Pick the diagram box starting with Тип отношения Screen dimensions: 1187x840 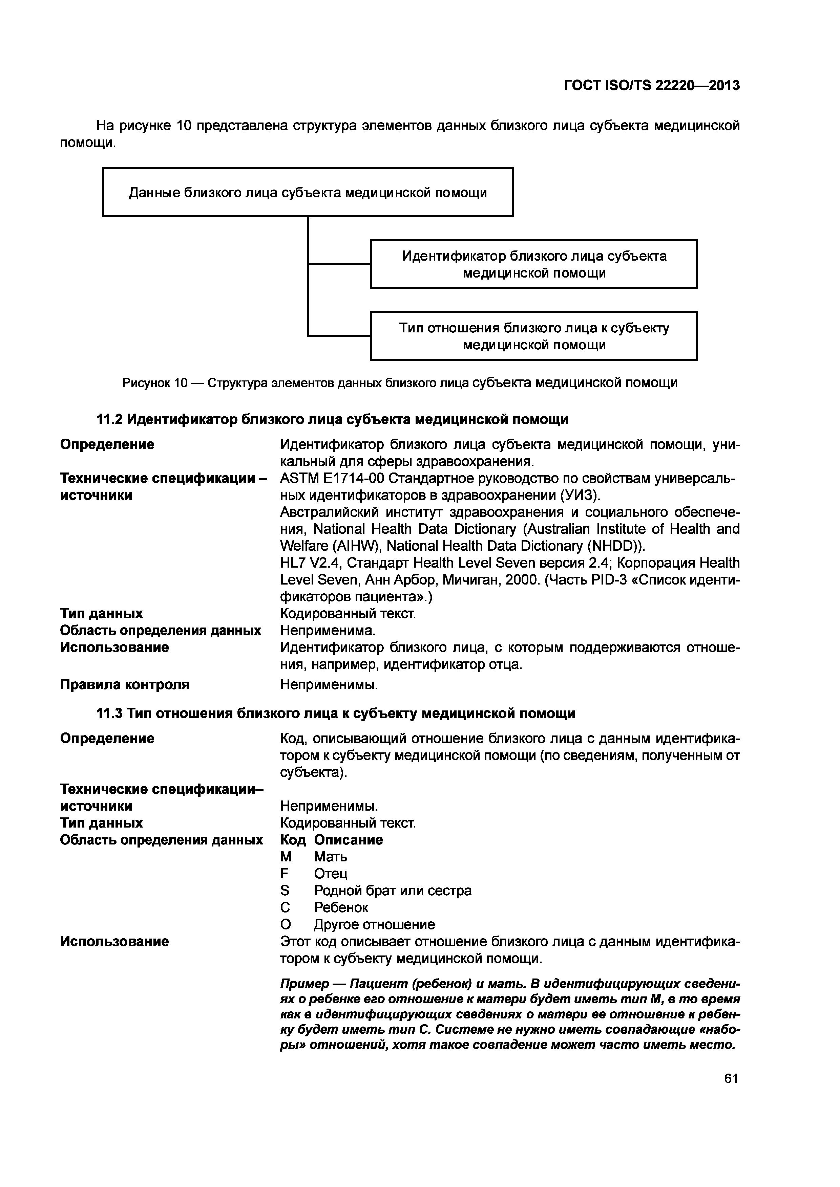[x=534, y=336]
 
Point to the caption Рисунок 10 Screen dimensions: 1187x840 [x=399, y=383]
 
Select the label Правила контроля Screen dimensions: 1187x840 [x=125, y=684]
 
